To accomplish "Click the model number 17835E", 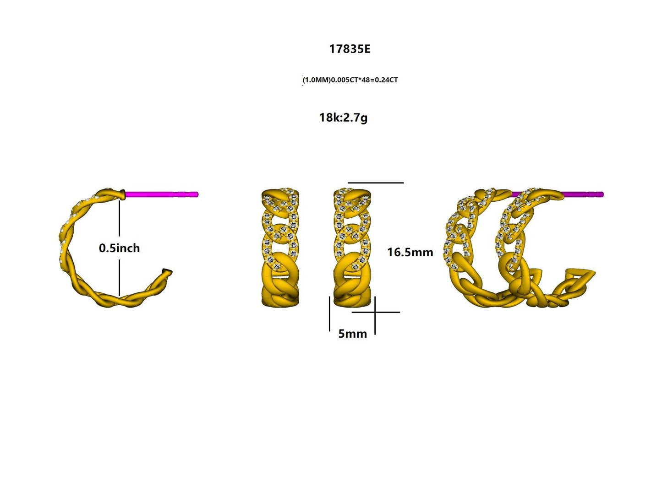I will coord(350,49).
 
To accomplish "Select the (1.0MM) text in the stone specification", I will coord(317,80).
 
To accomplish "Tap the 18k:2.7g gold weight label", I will coord(343,118).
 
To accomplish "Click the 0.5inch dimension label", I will coord(119,248).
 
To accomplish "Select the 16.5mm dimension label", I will coord(410,252).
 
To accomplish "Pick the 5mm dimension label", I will coord(352,334).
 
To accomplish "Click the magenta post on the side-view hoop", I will coord(160,194).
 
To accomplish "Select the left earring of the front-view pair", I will coord(280,247).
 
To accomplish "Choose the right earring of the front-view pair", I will coord(352,247).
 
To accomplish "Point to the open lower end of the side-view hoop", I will coord(167,274).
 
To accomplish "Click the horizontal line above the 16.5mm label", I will coord(376,183).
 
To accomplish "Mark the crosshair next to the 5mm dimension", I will coord(375,313).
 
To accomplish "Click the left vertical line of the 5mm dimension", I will coord(329,313).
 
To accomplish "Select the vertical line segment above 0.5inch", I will coord(119,220).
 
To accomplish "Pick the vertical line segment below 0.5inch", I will coord(119,277).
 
